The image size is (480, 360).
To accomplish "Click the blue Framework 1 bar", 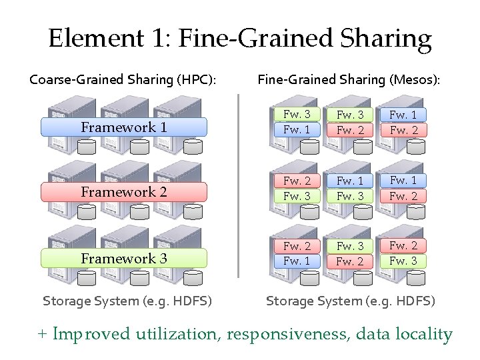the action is pyautogui.click(x=124, y=127).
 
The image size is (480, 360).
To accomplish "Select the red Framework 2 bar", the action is pyautogui.click(x=124, y=192).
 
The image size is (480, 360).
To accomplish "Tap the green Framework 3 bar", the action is pyautogui.click(x=124, y=258).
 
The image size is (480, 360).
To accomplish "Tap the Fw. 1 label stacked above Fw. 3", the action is pyautogui.click(x=350, y=181).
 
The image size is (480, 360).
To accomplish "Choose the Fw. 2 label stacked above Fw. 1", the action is pyautogui.click(x=297, y=246).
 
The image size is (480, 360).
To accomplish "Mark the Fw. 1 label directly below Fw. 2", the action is pyautogui.click(x=297, y=261).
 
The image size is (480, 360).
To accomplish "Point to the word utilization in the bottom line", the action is pyautogui.click(x=177, y=334).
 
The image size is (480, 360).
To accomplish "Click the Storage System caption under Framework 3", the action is pyautogui.click(x=127, y=301).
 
